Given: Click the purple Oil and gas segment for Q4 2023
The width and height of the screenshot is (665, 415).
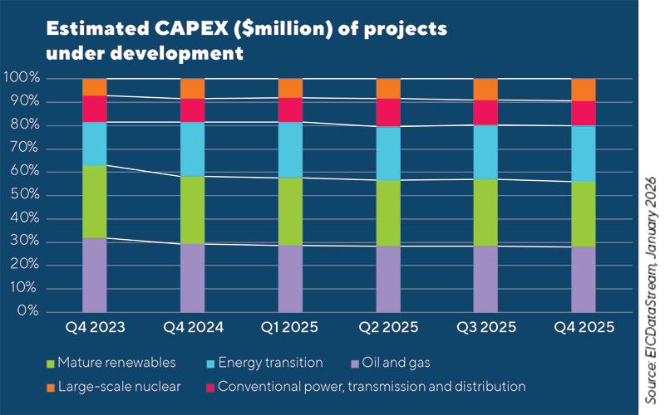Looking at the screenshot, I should [x=95, y=275].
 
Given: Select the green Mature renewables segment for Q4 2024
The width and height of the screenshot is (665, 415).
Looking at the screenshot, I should [x=193, y=210].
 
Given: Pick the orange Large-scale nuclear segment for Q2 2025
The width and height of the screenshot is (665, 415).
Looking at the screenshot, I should [x=388, y=88].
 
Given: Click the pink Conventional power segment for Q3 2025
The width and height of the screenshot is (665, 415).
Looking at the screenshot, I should [x=485, y=112].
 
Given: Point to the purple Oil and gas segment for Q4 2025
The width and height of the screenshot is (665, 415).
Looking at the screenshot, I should [x=583, y=279].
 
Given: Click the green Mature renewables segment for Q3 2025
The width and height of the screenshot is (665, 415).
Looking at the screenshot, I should [x=485, y=212].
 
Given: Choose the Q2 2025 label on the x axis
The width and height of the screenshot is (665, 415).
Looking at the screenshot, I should [x=388, y=328].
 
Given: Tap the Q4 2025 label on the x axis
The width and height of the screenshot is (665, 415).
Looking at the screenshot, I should [x=583, y=328].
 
